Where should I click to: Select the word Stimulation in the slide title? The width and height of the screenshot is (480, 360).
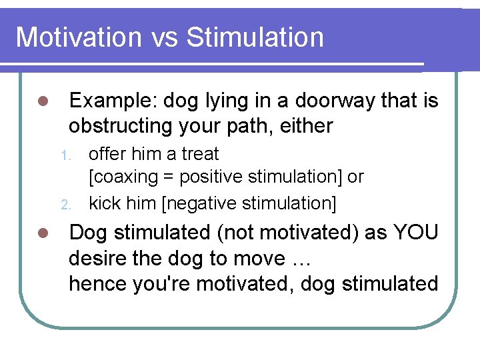pyautogui.click(x=255, y=37)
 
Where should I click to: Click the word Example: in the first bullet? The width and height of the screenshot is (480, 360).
pyautogui.click(x=113, y=101)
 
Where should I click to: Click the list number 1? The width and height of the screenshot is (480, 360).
pyautogui.click(x=65, y=155)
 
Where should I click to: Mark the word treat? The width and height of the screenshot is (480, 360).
pyautogui.click(x=199, y=154)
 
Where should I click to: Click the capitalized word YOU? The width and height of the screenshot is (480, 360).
pyautogui.click(x=416, y=233)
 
